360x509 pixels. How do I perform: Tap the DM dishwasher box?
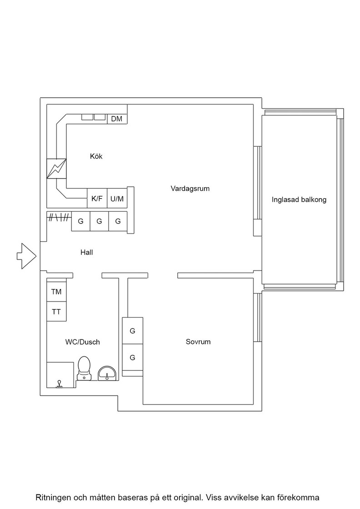pyautogui.click(x=117, y=119)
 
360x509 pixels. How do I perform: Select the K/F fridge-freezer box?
pyautogui.click(x=97, y=198)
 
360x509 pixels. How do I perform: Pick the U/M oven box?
pyautogui.click(x=117, y=198)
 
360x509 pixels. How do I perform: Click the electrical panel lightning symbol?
pyautogui.click(x=56, y=169)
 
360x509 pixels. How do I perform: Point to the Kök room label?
pyautogui.click(x=96, y=156)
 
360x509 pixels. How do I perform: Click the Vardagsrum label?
pyautogui.click(x=190, y=189)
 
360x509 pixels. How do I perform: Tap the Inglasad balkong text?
pyautogui.click(x=299, y=200)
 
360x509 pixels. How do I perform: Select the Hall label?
pyautogui.click(x=87, y=252)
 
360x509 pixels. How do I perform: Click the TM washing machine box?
pyautogui.click(x=56, y=291)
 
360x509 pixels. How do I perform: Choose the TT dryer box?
pyautogui.click(x=56, y=312)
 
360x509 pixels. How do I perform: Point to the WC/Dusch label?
pyautogui.click(x=82, y=342)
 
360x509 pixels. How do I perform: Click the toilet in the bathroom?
pyautogui.click(x=85, y=368)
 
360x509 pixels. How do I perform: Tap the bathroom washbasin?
pyautogui.click(x=107, y=373)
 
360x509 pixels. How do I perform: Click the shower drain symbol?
pyautogui.click(x=59, y=384)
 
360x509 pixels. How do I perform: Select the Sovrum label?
pyautogui.click(x=198, y=342)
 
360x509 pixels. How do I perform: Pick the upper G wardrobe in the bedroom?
pyautogui.click(x=132, y=331)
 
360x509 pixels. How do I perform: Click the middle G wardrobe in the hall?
pyautogui.click(x=100, y=221)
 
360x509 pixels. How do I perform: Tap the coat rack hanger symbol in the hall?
pyautogui.click(x=59, y=217)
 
